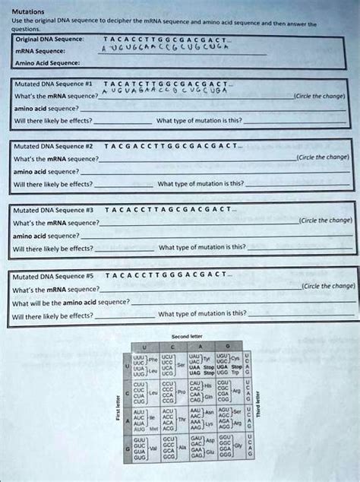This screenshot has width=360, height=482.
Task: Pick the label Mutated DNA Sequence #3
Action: click(x=47, y=208)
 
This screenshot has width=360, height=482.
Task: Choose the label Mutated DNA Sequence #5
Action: click(x=47, y=274)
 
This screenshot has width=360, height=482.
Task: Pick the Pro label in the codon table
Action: click(x=182, y=394)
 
